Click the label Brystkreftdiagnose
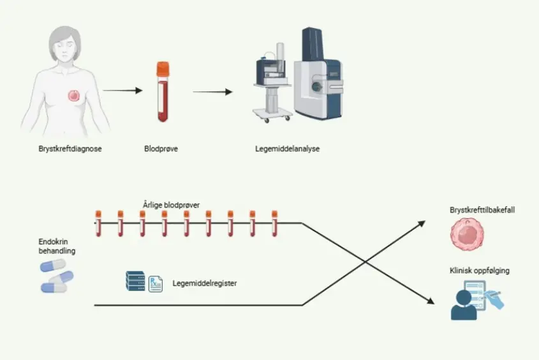click(70, 149)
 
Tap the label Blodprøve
click(161, 149)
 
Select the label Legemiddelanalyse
click(286, 149)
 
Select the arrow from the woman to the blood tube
click(122, 91)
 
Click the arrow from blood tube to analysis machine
click(212, 91)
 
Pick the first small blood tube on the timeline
click(98, 223)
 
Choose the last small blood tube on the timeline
click(275, 223)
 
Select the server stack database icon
click(135, 281)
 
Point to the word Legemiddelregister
click(204, 283)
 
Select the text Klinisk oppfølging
click(479, 271)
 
